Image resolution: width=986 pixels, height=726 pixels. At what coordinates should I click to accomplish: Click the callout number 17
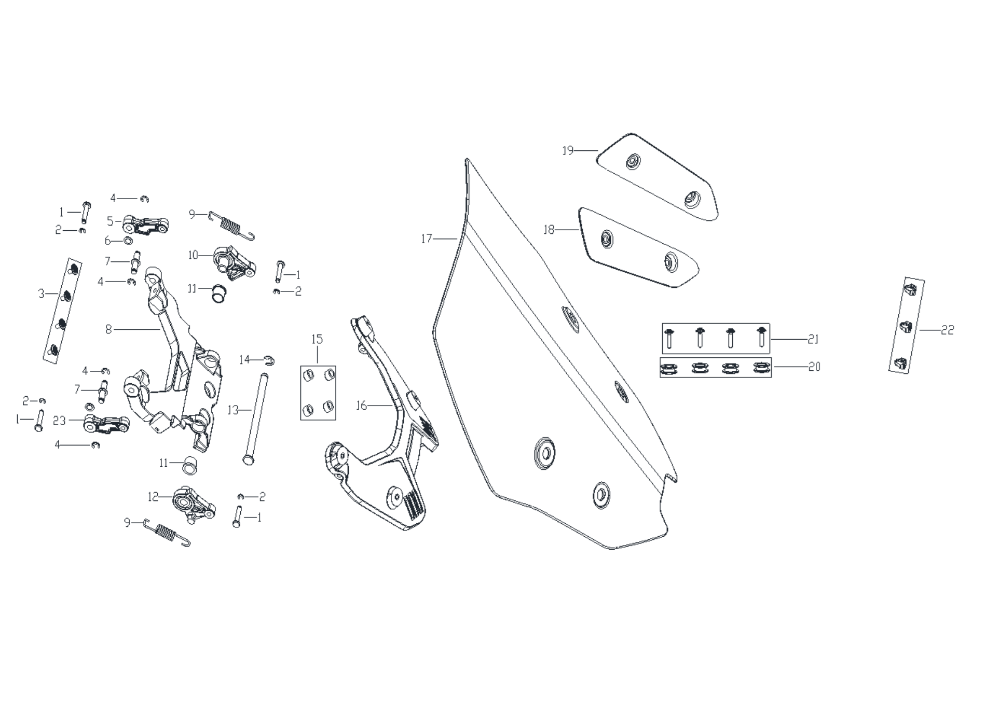[x=426, y=239]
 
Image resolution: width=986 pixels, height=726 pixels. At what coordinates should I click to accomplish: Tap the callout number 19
[x=568, y=150]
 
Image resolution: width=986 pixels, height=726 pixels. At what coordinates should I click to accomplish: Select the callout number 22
[x=947, y=330]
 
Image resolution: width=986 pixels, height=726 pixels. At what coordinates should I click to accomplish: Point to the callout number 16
[x=361, y=406]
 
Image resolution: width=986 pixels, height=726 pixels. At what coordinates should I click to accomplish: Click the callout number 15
[x=317, y=339]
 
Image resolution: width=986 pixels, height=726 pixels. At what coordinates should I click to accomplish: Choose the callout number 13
[x=233, y=410]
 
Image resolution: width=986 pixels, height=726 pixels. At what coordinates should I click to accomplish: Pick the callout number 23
[x=60, y=421]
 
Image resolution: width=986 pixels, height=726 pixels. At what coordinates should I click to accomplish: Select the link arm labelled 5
[x=146, y=225]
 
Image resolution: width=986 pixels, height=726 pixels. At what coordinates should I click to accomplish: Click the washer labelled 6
[x=127, y=241]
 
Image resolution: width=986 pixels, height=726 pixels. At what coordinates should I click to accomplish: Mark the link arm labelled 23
[x=106, y=424]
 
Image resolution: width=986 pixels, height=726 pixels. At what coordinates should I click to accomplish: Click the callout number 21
[x=813, y=339]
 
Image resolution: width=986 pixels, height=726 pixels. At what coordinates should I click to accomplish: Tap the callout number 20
[x=814, y=367]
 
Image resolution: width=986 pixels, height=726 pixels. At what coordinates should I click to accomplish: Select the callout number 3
[x=41, y=294]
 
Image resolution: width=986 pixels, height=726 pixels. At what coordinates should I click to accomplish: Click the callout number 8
[x=108, y=329]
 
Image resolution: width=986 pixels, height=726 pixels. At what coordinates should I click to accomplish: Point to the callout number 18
[x=549, y=229]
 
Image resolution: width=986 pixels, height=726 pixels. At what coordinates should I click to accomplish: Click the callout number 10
[x=193, y=255]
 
